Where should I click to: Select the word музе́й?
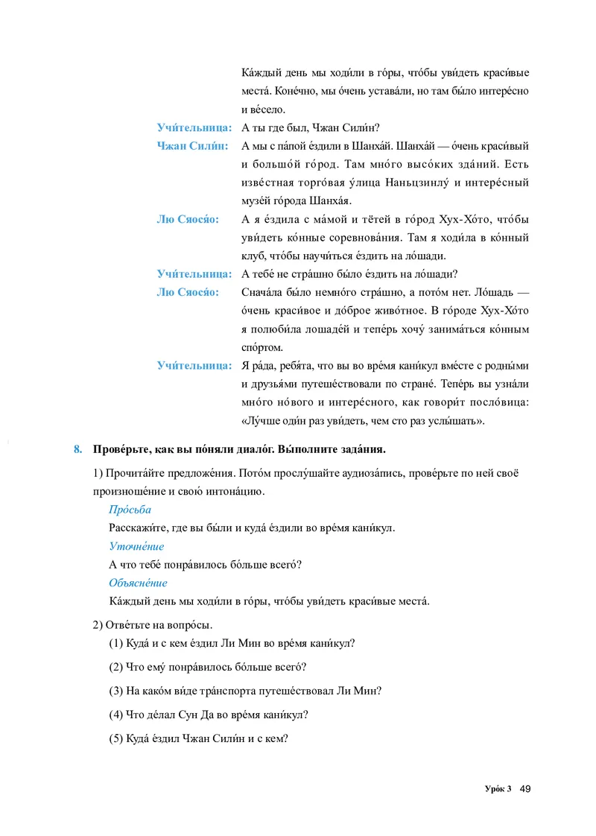pyautogui.click(x=257, y=200)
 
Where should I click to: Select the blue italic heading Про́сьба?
pyautogui.click(x=130, y=510)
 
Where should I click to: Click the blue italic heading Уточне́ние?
pyautogui.click(x=136, y=546)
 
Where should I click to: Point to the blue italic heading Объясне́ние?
pyautogui.click(x=138, y=583)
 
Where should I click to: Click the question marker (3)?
pyautogui.click(x=116, y=691)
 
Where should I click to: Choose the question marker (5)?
pyautogui.click(x=116, y=739)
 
